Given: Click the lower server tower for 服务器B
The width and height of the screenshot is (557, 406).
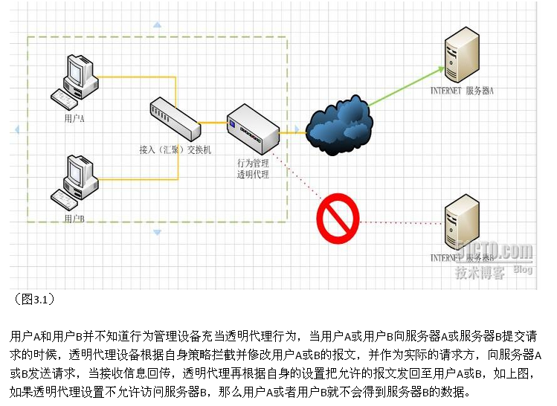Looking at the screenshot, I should point(460,223).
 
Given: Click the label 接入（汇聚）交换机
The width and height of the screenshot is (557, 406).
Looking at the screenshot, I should point(176,149).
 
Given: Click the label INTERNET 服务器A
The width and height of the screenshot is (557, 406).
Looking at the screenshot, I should point(462,91).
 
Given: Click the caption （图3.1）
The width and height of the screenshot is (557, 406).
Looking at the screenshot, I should point(34,299).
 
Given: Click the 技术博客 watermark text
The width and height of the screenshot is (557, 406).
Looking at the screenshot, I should point(480,272).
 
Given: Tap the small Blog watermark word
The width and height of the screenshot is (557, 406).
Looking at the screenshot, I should point(523,270).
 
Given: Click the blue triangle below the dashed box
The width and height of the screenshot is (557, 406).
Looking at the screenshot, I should point(157,233).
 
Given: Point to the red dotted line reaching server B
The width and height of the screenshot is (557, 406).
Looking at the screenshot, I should point(402,221).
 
